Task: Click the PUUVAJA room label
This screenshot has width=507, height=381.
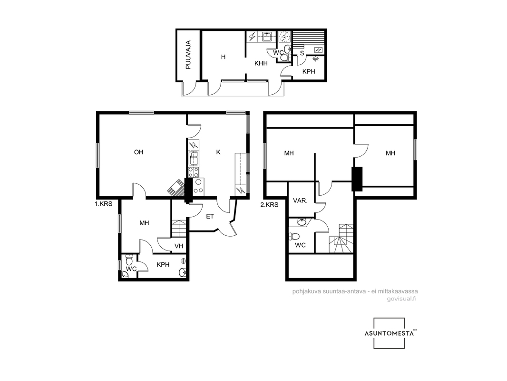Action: pyautogui.click(x=188, y=55)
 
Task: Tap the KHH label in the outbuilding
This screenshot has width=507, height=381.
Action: pyautogui.click(x=261, y=63)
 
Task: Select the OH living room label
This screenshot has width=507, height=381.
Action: pyautogui.click(x=139, y=152)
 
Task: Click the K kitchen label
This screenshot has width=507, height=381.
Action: pyautogui.click(x=218, y=152)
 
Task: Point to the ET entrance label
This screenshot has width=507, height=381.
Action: pyautogui.click(x=210, y=216)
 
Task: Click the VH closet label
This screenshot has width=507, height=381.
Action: pyautogui.click(x=179, y=246)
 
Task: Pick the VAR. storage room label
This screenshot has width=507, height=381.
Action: pyautogui.click(x=300, y=201)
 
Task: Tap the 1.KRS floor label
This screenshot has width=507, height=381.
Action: pyautogui.click(x=104, y=204)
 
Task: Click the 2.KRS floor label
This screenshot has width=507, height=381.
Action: pyautogui.click(x=269, y=205)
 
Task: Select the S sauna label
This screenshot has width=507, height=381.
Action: pyautogui.click(x=302, y=53)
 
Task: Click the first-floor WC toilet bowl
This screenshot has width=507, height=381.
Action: pyautogui.click(x=129, y=260)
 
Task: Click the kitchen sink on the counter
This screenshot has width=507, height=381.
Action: pyautogui.click(x=194, y=159)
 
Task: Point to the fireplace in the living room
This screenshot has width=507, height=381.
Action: pyautogui.click(x=176, y=188)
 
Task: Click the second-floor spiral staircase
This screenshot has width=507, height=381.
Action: pyautogui.click(x=341, y=238)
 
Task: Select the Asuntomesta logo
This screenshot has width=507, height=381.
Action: pyautogui.click(x=390, y=333)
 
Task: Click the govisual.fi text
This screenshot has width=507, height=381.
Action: pyautogui.click(x=401, y=299)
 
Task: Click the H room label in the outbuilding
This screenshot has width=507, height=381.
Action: pyautogui.click(x=223, y=57)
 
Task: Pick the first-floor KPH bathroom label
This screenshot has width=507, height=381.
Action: pyautogui.click(x=163, y=264)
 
